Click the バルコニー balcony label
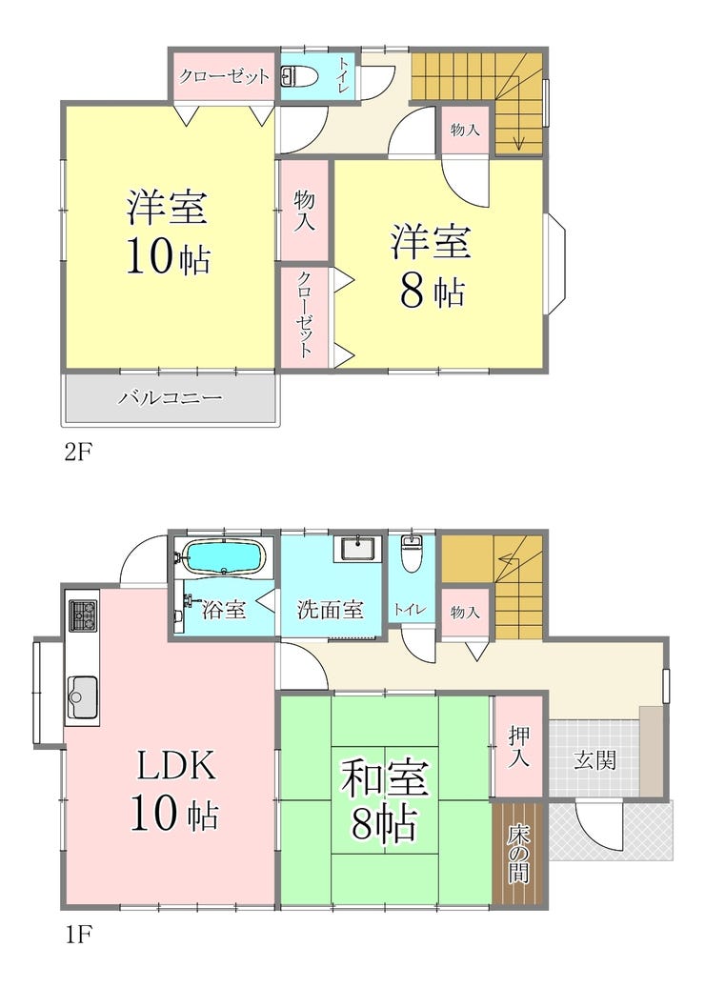[170, 398]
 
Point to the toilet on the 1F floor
[412, 554]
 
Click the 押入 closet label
[518, 747]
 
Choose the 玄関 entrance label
[594, 760]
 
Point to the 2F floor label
[76, 452]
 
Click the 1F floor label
[76, 933]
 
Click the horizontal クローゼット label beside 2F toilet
[225, 77]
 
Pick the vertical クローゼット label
[304, 315]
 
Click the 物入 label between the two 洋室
[304, 212]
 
